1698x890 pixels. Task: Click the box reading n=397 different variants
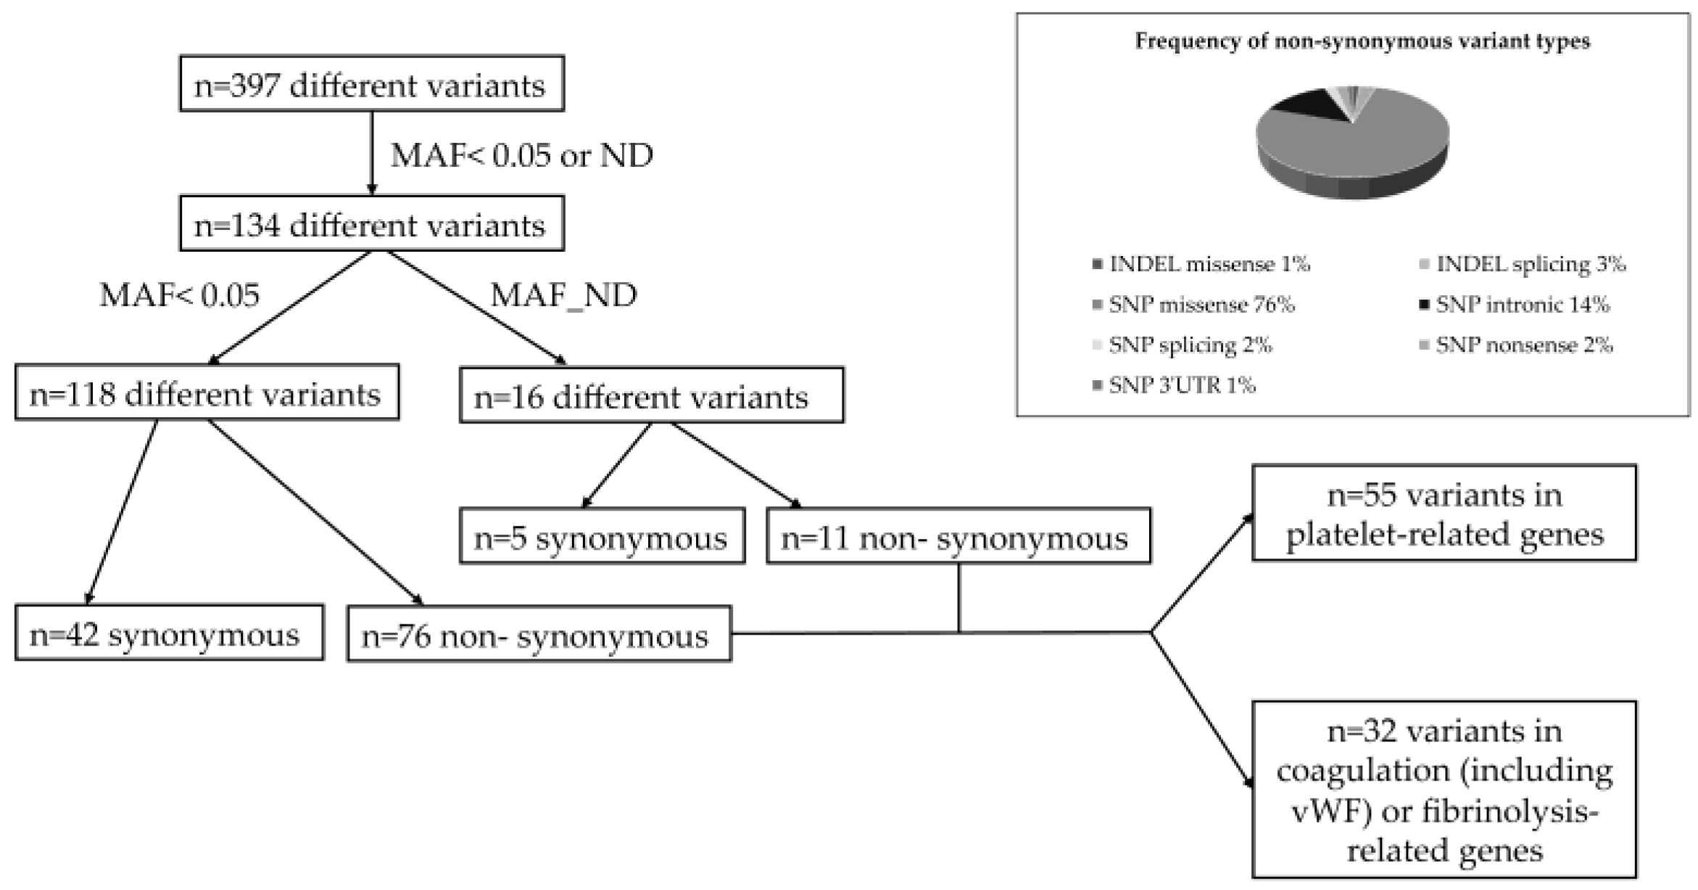(371, 84)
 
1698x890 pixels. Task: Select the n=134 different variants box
(371, 224)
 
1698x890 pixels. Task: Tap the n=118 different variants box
(207, 393)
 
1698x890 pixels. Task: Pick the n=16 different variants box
(651, 396)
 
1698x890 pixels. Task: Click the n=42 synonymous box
(168, 634)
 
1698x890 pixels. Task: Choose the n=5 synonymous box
(602, 537)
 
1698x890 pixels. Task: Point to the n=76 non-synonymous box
(539, 635)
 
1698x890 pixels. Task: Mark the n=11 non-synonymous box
(958, 537)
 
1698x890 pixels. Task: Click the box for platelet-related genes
(1444, 514)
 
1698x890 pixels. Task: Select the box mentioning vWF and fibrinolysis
(1444, 790)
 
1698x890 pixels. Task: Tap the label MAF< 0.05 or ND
(521, 154)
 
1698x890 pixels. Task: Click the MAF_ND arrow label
(563, 294)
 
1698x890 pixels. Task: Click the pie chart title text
(1362, 41)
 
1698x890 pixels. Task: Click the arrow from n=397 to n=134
(372, 152)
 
